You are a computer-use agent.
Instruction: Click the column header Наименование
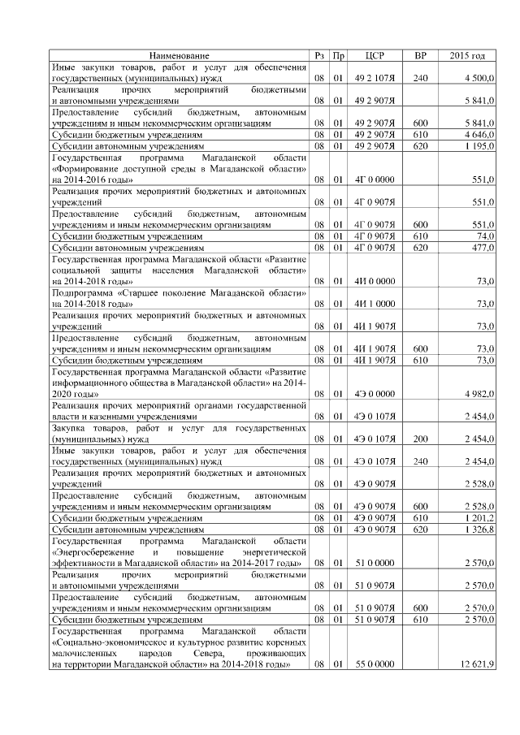178,55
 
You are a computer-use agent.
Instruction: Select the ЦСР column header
375,55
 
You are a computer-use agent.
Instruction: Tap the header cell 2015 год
467,55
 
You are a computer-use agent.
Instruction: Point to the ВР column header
420,55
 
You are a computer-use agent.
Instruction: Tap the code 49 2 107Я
375,78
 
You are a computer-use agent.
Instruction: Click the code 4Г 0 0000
375,179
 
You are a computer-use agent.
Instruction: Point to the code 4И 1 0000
375,303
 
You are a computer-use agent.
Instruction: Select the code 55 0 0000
375,664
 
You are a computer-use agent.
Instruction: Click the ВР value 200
420,439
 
